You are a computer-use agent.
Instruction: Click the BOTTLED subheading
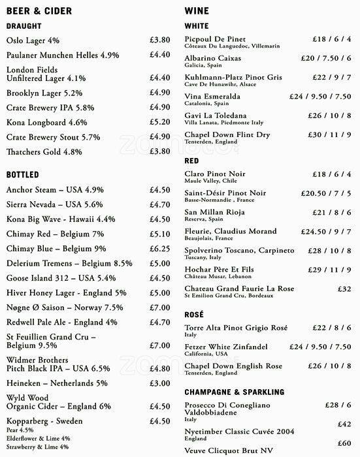tap(24, 176)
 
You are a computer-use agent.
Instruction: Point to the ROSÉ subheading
tap(194, 315)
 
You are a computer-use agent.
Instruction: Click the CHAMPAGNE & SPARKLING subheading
tap(234, 392)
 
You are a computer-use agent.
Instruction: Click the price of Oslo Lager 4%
tap(159, 39)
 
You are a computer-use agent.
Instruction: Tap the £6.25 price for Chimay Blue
tap(159, 249)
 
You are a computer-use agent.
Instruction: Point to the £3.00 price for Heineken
tap(159, 383)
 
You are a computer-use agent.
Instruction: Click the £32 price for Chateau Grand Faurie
tap(345, 289)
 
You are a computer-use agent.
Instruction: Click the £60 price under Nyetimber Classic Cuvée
tap(345, 443)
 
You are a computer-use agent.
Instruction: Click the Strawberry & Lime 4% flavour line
tap(38, 446)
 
